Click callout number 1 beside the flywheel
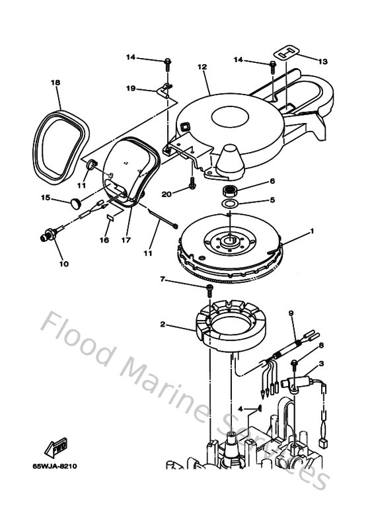313,231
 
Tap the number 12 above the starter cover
202,67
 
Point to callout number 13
322,61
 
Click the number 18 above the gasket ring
55,83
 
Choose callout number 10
63,264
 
